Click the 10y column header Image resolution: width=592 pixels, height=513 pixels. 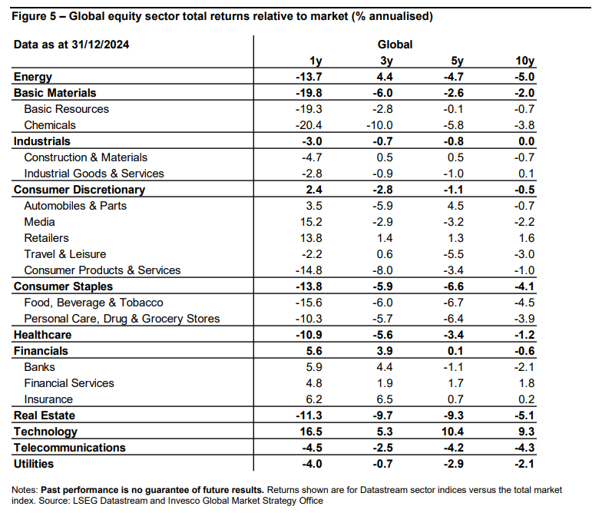pos(524,61)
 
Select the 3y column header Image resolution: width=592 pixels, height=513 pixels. pos(386,61)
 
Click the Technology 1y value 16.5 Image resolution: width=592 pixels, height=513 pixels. pos(311,432)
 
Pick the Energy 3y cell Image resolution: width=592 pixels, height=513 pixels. pos(385,77)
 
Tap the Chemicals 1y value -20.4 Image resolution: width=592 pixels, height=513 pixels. pos(309,125)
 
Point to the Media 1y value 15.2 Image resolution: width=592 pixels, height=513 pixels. pos(311,222)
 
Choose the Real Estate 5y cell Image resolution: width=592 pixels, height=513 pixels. pos(454,415)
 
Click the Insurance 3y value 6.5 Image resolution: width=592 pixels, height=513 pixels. pos(385,399)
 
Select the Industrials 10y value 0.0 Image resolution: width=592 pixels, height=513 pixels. pos(526,141)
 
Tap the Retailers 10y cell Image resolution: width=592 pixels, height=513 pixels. pos(526,238)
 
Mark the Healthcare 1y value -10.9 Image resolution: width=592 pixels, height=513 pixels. pos(309,335)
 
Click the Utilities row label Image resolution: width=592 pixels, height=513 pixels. pos(34,464)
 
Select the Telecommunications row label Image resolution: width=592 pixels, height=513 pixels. pos(69,448)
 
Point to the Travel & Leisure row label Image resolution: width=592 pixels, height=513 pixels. pos(65,254)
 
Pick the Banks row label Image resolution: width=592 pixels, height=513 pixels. pos(39,367)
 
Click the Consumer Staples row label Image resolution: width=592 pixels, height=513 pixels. pos(63,286)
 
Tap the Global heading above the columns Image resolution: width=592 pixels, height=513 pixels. pos(395,45)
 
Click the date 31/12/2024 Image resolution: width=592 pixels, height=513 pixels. pos(101,45)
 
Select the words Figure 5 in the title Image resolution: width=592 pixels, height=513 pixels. pos(34,16)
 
